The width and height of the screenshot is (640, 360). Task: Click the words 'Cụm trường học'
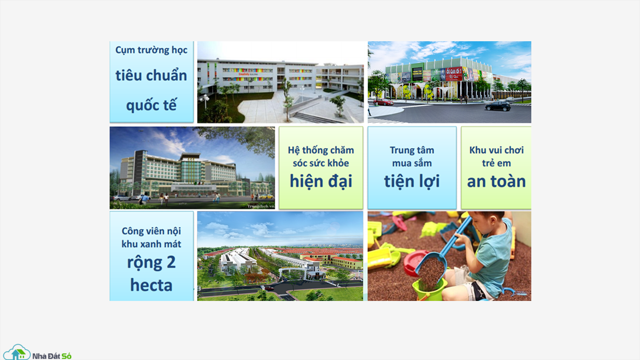click(151, 50)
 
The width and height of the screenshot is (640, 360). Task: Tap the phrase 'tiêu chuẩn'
click(151, 75)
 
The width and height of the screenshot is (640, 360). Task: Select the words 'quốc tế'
click(151, 105)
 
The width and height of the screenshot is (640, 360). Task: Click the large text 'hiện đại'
click(321, 181)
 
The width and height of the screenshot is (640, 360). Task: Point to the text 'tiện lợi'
click(412, 181)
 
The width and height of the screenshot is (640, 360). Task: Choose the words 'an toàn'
click(496, 181)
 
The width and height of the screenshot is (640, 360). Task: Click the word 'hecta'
click(151, 285)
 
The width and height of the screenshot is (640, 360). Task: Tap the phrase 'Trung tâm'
click(412, 150)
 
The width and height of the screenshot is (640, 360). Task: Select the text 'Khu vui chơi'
click(496, 150)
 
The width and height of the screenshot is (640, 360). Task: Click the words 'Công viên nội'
click(151, 231)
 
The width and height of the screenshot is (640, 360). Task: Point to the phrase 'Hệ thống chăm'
click(321, 150)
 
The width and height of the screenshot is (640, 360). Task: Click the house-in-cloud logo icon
click(17, 352)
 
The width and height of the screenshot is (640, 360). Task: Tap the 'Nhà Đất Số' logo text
click(52, 356)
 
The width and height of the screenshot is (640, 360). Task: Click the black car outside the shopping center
click(498, 106)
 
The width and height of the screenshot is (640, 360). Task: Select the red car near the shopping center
click(383, 102)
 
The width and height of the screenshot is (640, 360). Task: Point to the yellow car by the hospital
click(266, 196)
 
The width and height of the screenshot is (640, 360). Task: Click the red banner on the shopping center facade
click(454, 74)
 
